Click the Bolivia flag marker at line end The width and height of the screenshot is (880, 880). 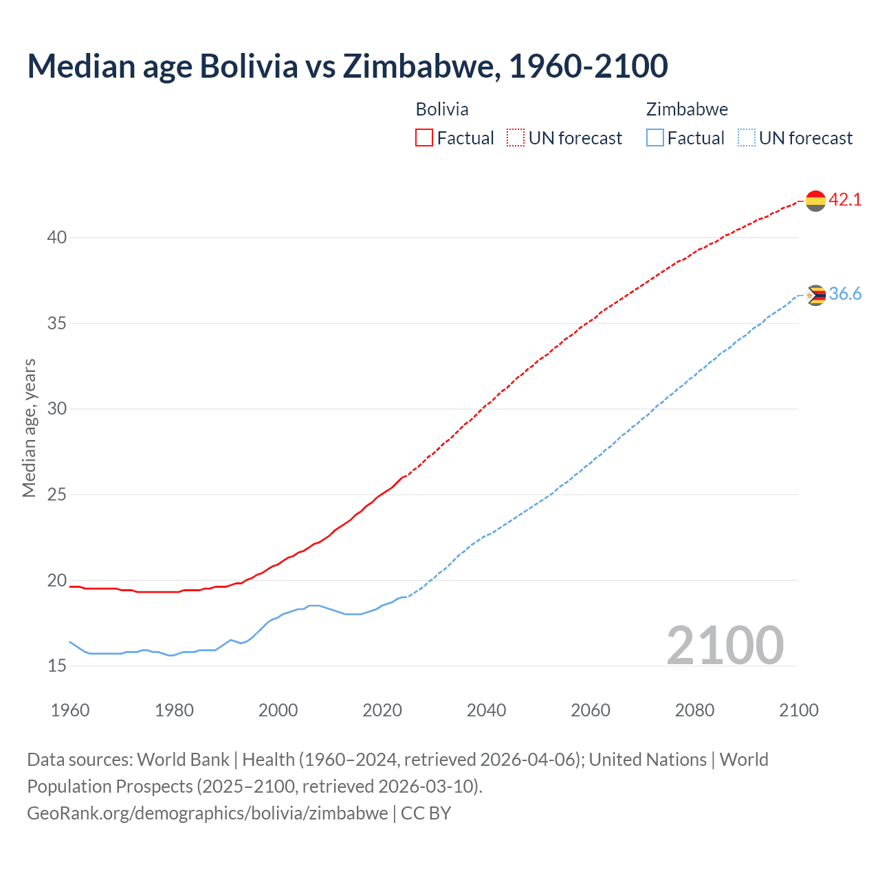click(815, 201)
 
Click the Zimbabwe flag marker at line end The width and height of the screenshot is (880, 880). click(815, 296)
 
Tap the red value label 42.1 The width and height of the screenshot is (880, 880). click(845, 200)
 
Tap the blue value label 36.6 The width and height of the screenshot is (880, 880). click(845, 294)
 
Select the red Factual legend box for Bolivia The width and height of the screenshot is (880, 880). click(424, 138)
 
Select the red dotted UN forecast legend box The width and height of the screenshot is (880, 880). click(516, 138)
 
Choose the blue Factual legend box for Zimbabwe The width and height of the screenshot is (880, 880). click(655, 138)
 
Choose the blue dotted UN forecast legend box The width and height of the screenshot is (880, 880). click(746, 138)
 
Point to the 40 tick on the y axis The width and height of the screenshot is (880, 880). click(57, 238)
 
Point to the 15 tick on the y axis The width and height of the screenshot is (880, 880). click(57, 666)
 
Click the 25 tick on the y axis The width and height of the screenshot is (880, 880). click(57, 495)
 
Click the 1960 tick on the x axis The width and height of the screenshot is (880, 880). click(70, 710)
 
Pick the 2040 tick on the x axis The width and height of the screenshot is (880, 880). click(486, 710)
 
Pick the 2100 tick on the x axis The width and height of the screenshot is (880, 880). click(798, 710)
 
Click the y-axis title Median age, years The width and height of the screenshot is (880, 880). click(29, 428)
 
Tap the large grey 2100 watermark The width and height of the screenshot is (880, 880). click(725, 646)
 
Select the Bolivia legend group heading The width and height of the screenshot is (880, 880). click(442, 109)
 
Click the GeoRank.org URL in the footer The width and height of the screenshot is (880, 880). click(207, 813)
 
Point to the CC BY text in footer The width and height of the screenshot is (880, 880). click(426, 813)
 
